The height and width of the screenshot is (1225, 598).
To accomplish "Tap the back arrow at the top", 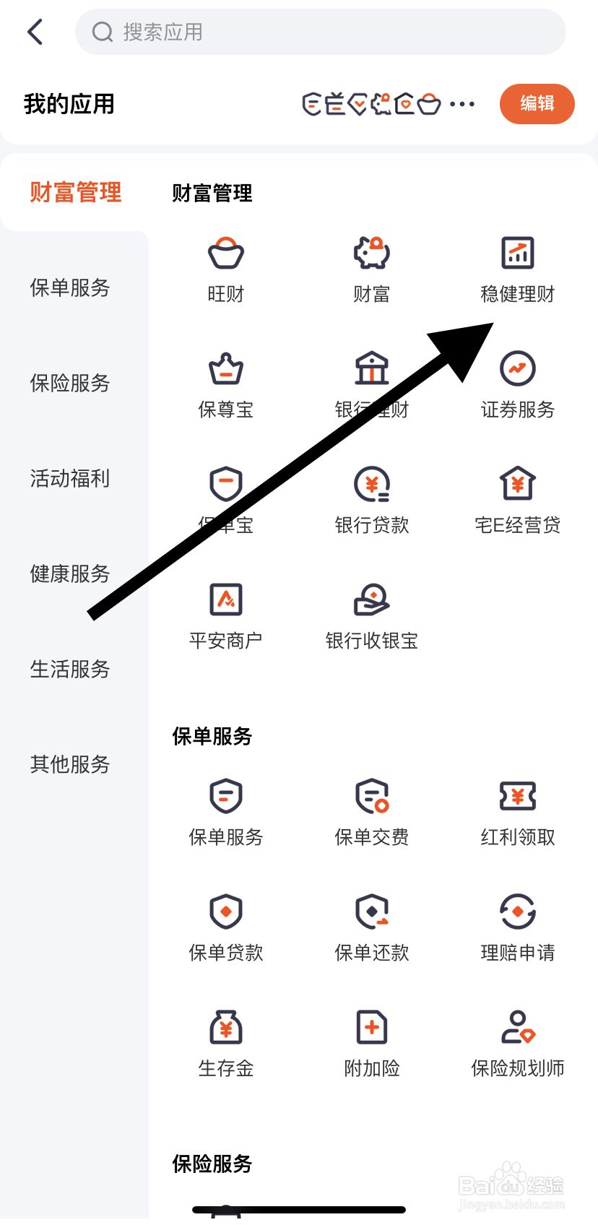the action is (35, 32).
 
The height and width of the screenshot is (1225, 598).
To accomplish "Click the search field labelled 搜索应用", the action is (320, 32).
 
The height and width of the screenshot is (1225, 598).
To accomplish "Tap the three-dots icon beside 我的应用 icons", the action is (462, 104).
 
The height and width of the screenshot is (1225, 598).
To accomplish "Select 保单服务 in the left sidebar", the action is (70, 287).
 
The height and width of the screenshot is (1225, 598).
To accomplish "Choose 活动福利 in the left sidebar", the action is (70, 478).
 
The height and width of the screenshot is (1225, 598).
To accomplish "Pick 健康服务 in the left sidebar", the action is (70, 573).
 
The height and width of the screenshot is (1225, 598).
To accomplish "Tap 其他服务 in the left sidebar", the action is (70, 764).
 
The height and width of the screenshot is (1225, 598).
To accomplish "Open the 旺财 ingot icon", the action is (226, 253).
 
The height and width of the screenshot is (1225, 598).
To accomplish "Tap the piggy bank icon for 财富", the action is (372, 253).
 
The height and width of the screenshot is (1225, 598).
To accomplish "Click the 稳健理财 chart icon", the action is (518, 253).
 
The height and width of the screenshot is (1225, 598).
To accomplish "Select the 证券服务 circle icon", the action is (518, 368).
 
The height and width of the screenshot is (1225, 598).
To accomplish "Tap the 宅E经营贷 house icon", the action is (518, 484).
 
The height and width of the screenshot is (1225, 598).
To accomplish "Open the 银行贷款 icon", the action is (372, 484).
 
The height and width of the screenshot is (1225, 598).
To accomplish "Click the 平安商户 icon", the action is (226, 599).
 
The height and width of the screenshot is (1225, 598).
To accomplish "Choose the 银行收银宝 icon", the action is (372, 599).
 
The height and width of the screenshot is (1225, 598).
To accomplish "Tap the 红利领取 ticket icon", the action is (518, 796).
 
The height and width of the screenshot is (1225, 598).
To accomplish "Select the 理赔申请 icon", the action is (518, 912).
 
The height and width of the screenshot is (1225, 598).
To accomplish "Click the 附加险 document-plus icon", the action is (372, 1027).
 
